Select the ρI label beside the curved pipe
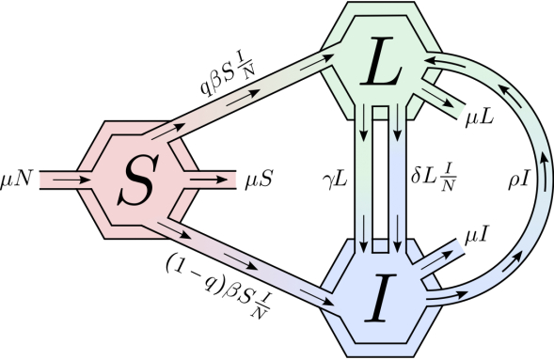[519, 175]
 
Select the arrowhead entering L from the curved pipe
[432, 59]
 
